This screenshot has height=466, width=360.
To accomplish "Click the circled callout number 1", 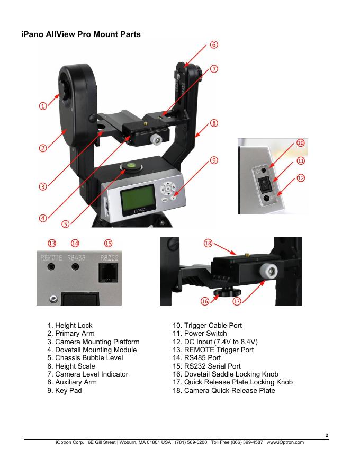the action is click(x=41, y=106).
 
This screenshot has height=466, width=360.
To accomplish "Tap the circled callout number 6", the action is click(x=213, y=45).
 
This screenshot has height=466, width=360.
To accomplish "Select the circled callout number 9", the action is click(x=214, y=160).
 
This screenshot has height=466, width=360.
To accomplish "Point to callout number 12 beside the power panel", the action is click(x=301, y=178).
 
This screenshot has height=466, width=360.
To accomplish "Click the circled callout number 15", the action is click(x=108, y=243).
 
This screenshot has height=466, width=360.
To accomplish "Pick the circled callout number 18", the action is click(x=208, y=243).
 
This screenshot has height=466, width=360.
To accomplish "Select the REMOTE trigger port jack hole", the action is click(x=51, y=267).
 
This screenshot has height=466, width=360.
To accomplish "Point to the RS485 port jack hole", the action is click(x=76, y=267).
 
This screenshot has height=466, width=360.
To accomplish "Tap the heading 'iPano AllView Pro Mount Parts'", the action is click(x=81, y=35).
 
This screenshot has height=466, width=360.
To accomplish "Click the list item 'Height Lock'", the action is click(x=74, y=325).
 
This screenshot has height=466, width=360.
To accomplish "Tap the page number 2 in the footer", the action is click(x=327, y=435).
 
